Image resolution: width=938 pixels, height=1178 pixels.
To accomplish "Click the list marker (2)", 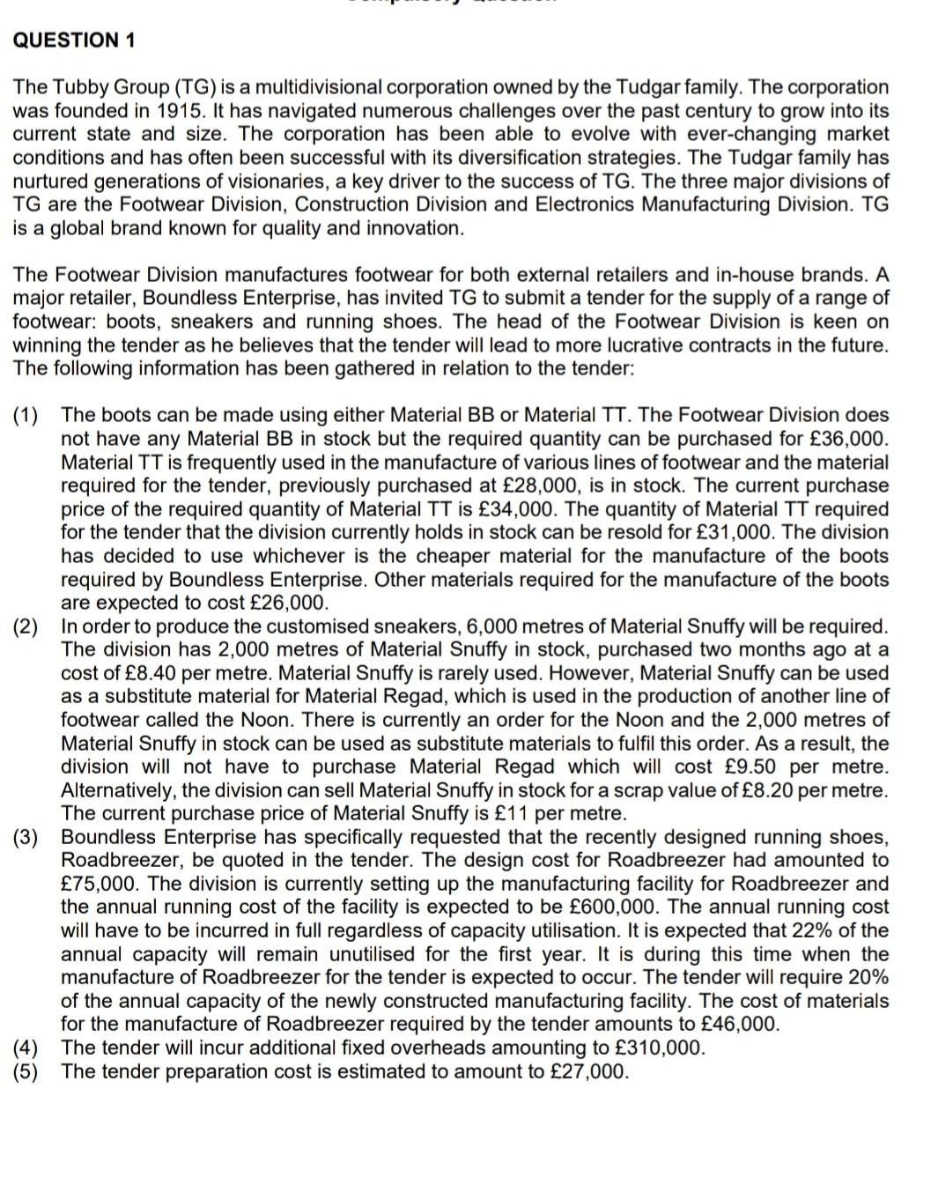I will (x=26, y=626).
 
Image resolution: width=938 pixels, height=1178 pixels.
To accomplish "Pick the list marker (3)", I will (x=26, y=837).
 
